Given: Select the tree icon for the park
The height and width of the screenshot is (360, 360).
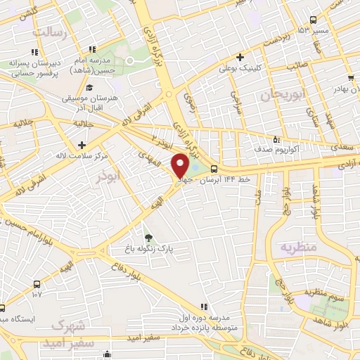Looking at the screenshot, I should [x=148, y=237].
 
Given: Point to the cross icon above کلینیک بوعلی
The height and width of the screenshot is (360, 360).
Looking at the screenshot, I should [x=240, y=57].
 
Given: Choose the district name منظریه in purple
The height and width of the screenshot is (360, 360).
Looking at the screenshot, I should [x=300, y=247].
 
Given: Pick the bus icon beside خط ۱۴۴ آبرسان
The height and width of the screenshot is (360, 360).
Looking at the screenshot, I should [x=213, y=169].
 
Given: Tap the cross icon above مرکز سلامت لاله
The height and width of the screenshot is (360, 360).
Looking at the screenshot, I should [x=83, y=144].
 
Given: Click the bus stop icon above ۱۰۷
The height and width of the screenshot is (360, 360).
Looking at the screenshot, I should [x=37, y=284].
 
